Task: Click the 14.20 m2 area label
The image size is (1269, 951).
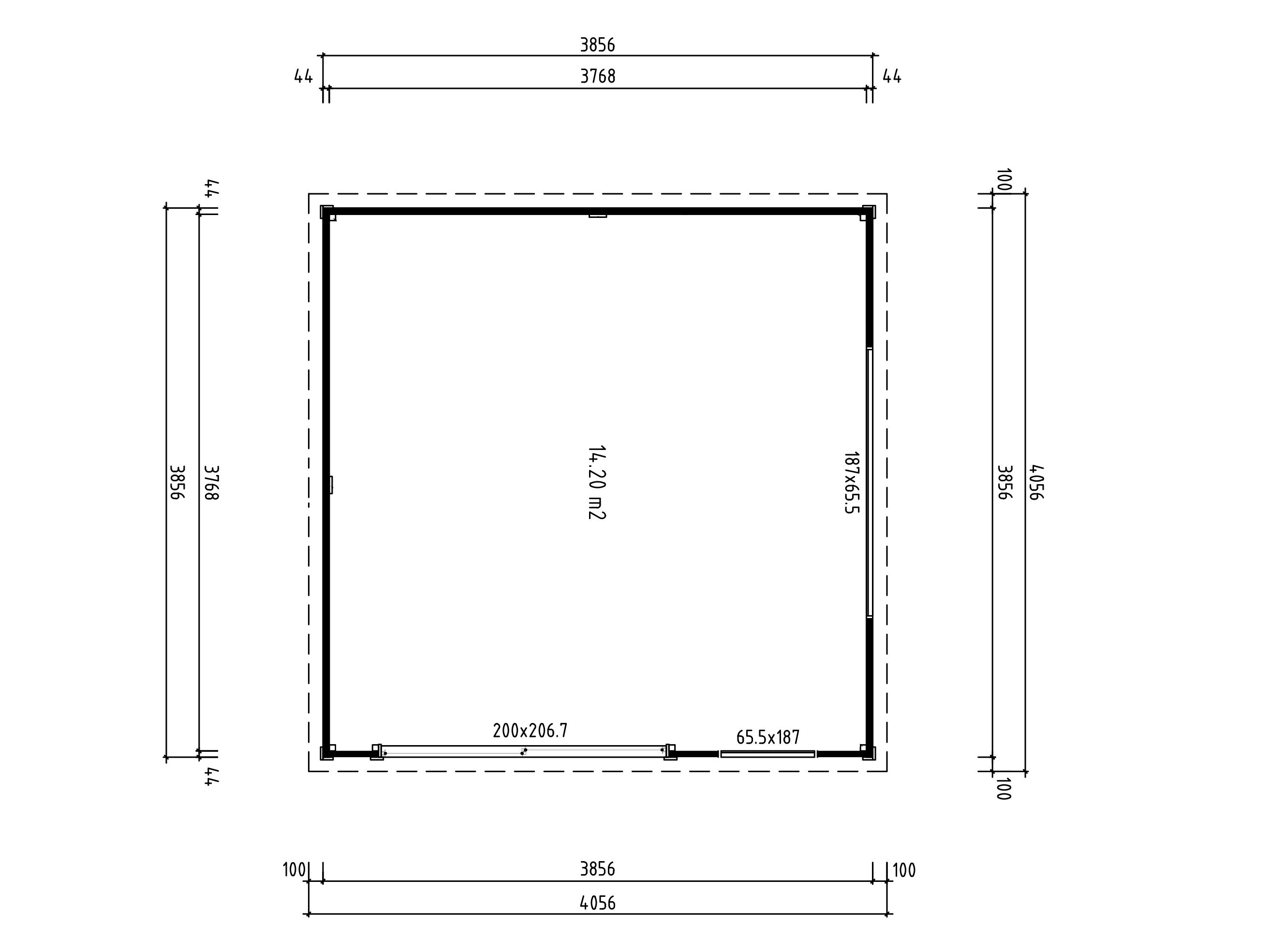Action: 597,482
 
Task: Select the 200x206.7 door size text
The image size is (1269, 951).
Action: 530,730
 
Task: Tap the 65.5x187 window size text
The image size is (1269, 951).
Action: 767,737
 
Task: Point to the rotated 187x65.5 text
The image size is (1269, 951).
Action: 852,482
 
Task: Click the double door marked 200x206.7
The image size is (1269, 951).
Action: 523,751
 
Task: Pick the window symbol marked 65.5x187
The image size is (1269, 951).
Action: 767,754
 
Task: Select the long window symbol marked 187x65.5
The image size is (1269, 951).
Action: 870,482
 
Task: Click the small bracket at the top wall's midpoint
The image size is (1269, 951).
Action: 597,216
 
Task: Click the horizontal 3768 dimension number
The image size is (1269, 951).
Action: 598,76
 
